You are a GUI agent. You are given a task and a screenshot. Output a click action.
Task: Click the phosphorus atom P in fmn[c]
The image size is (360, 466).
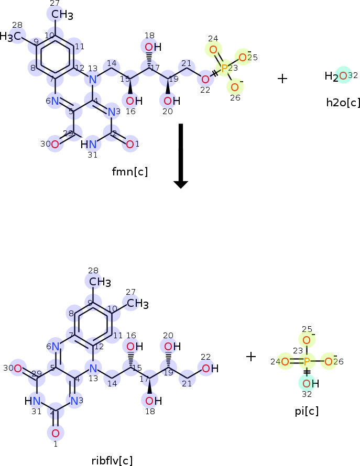224,69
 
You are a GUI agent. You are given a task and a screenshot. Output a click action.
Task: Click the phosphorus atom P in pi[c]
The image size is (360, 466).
307,361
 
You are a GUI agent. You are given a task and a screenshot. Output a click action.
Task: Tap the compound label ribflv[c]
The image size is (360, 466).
112,460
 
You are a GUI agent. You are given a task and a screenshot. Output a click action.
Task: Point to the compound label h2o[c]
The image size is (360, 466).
343,102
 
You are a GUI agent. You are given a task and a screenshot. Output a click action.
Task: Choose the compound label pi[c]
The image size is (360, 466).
307,411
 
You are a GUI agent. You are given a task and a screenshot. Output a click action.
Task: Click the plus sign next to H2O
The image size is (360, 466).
282,79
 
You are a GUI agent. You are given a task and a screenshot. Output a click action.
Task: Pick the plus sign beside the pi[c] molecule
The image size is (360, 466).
252,357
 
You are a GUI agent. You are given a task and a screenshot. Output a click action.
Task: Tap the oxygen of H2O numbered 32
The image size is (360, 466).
343,76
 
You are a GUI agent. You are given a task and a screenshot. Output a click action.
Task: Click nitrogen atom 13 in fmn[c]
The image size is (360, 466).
93,80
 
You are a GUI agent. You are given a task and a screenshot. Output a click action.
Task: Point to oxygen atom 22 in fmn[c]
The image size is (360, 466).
205,80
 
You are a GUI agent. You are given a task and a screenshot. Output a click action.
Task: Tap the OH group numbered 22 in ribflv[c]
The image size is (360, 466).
206,369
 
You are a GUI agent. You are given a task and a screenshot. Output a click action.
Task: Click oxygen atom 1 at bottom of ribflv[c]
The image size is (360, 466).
55,433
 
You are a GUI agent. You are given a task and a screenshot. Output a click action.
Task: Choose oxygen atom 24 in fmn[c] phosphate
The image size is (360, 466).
213,50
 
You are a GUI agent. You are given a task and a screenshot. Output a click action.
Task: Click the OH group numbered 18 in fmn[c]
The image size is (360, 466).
150,48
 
